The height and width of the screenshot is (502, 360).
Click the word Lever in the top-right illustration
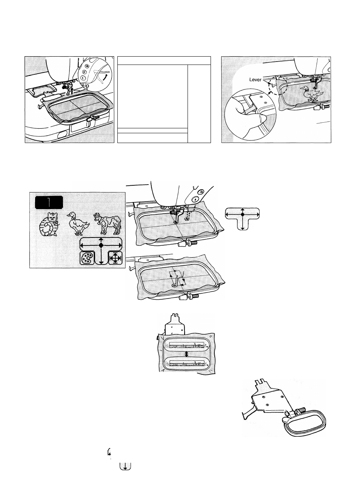pos(255,80)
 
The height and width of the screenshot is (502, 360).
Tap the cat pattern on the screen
pos(48,225)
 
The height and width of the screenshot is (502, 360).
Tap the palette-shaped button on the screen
pos(87,259)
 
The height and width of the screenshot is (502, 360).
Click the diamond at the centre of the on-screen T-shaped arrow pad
pos(101,245)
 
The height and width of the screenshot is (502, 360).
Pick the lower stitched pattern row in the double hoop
pos(186,363)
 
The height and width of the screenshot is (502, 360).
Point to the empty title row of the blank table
pos(164,60)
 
